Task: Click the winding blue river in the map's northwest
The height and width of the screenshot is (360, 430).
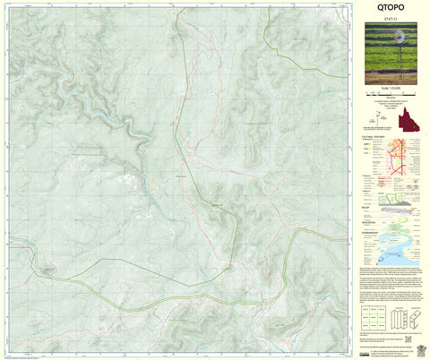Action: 134,134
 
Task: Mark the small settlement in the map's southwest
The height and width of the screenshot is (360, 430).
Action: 47,270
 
